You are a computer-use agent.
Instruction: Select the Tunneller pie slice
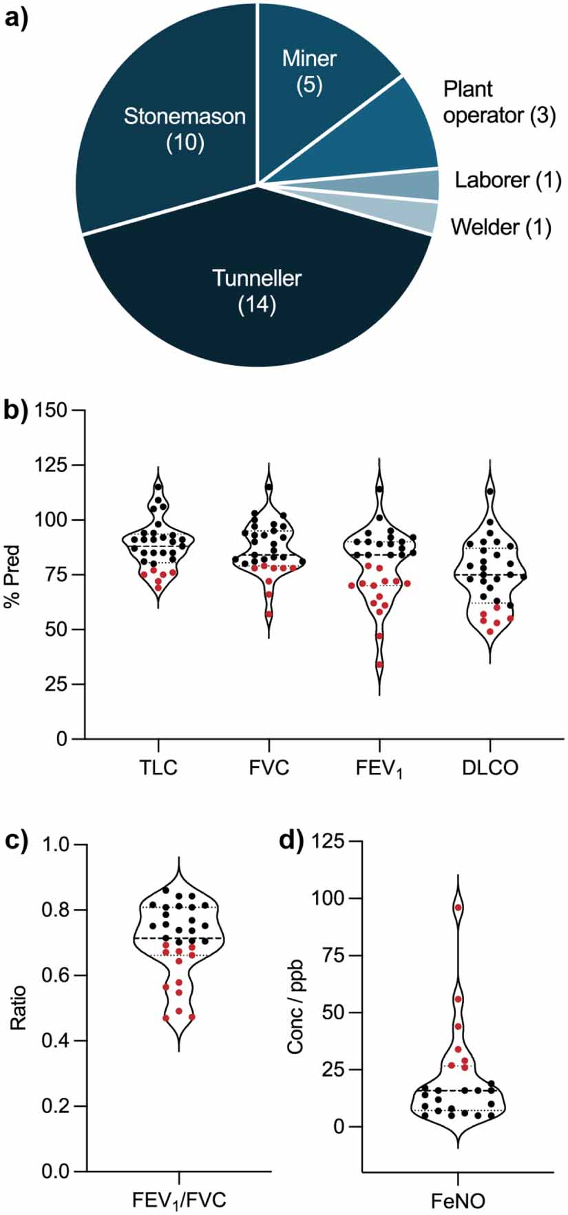pyautogui.click(x=257, y=290)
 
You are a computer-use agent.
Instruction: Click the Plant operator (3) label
pyautogui.click(x=498, y=102)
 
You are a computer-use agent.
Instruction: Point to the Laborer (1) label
pyautogui.click(x=508, y=180)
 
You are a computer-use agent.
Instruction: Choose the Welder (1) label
pyautogui.click(x=501, y=227)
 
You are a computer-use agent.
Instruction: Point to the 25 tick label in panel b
pyautogui.click(x=59, y=684)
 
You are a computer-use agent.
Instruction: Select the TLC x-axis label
pyautogui.click(x=158, y=767)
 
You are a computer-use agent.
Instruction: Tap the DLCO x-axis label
pyautogui.click(x=490, y=767)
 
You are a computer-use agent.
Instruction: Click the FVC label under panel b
pyautogui.click(x=269, y=767)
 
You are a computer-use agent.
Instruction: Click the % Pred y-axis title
pyautogui.click(x=13, y=574)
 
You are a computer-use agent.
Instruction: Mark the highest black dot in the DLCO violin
pyautogui.click(x=490, y=491)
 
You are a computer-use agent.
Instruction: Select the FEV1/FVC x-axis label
pyautogui.click(x=179, y=1200)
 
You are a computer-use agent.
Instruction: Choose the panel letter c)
pyautogui.click(x=16, y=842)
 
